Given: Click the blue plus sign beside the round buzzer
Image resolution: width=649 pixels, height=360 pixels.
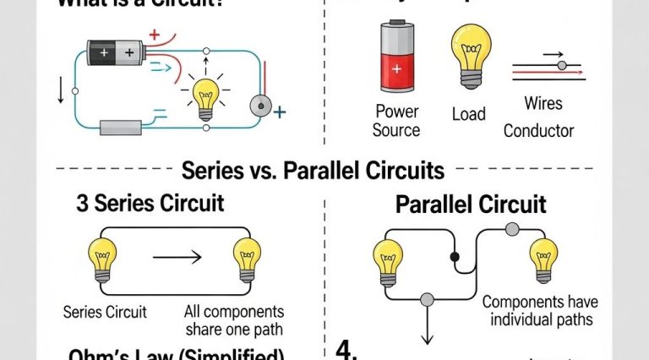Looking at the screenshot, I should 281,111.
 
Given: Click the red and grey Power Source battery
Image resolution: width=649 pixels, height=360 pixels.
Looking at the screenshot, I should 395,57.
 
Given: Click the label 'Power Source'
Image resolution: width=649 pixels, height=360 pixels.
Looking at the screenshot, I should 395,120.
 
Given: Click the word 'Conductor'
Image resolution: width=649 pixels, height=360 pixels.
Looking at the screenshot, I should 538,130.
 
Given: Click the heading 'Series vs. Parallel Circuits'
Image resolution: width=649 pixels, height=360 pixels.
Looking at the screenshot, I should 313,171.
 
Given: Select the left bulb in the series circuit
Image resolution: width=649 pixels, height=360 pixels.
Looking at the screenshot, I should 101,259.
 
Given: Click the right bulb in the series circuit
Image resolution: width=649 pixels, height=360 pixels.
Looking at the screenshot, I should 248,259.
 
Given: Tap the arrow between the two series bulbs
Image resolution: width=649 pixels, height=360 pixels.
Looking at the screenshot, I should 177,256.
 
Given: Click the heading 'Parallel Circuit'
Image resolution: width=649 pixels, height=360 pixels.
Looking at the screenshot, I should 471,205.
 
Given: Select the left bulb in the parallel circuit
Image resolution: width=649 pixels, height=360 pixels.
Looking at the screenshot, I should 387,261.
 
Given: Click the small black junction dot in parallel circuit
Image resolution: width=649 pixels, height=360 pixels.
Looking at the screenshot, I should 455,255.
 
